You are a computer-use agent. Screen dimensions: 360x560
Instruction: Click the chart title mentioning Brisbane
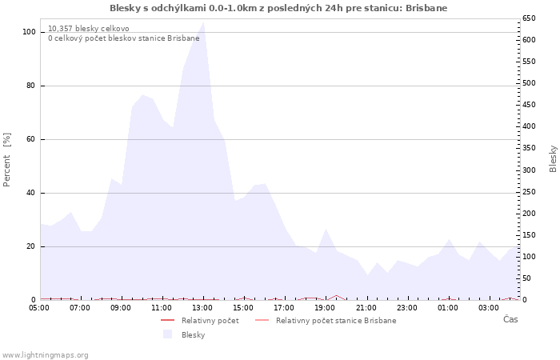[278, 8]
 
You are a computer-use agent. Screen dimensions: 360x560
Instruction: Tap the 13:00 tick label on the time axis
[202, 307]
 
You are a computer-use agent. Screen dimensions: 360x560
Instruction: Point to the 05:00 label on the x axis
[39, 307]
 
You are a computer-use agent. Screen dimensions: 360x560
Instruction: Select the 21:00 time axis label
[366, 307]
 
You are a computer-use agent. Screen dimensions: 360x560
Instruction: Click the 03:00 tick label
[488, 307]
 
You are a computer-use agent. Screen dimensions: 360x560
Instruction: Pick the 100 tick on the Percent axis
[30, 32]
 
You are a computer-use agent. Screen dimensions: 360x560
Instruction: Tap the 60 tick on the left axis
[32, 139]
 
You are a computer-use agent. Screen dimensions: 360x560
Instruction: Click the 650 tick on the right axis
[528, 18]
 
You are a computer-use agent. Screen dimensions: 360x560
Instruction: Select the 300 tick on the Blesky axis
[528, 170]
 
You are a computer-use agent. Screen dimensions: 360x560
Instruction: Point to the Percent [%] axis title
[7, 159]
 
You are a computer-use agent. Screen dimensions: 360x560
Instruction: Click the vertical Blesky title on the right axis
[553, 158]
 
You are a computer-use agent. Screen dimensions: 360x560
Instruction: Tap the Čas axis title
[510, 319]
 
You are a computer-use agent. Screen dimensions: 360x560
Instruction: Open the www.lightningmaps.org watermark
[46, 354]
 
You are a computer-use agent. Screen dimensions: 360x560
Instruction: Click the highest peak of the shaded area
[204, 22]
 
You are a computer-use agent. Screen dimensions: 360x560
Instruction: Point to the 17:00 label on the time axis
[284, 307]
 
